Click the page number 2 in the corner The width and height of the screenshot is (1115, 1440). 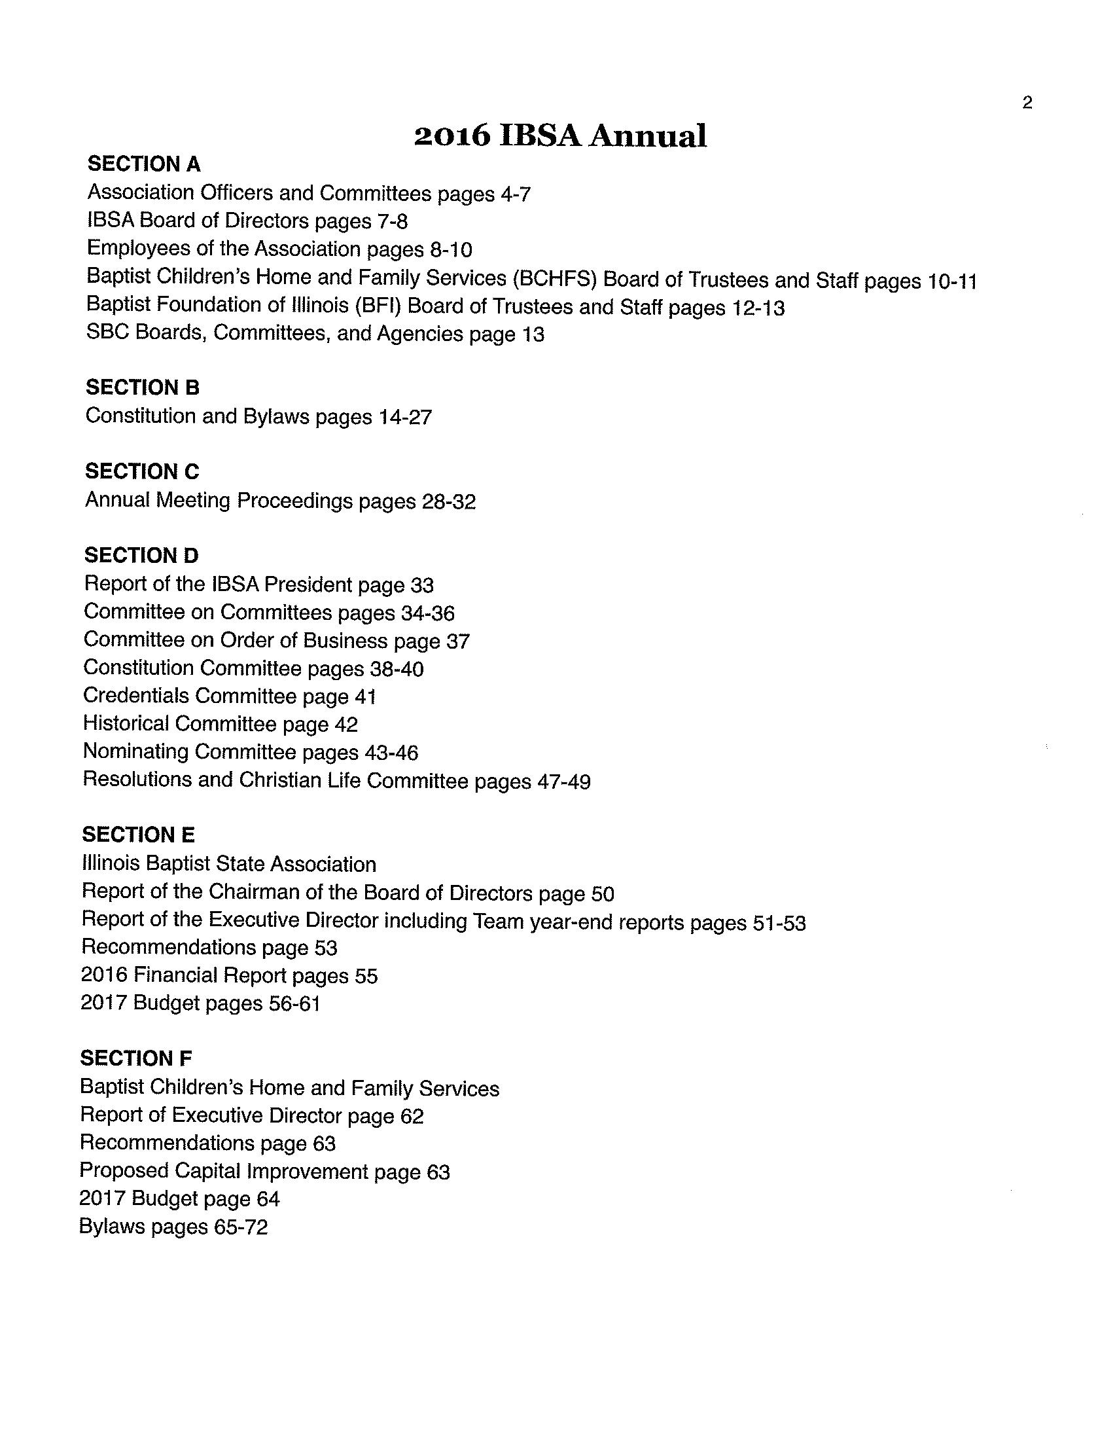[1027, 103]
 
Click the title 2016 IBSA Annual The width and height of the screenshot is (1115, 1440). [560, 136]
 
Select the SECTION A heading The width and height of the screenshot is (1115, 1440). [145, 164]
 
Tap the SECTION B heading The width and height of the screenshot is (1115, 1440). [143, 387]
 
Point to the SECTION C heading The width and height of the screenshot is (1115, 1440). [143, 471]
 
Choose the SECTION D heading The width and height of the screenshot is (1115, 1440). [141, 555]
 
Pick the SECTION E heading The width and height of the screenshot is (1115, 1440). [138, 835]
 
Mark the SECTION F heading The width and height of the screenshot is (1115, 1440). [136, 1058]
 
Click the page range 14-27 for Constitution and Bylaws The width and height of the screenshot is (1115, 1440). [405, 418]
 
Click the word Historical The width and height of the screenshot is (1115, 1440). [126, 723]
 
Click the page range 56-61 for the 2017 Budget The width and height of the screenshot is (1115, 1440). [294, 1003]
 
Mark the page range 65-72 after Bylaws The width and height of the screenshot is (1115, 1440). [241, 1227]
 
